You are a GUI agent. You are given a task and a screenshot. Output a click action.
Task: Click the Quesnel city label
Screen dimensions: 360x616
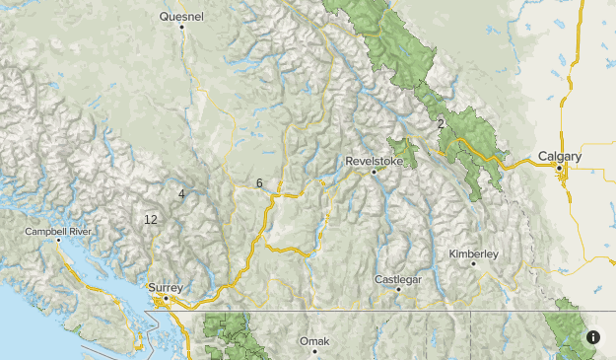point(181,16)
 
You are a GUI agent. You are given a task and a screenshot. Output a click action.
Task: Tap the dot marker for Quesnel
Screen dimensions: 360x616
point(182,27)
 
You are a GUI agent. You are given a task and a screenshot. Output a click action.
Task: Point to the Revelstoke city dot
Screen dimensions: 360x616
point(374,173)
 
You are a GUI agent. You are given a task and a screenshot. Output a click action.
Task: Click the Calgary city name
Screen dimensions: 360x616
point(560,156)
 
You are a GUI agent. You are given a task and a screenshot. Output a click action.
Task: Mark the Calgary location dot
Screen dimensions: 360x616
point(560,169)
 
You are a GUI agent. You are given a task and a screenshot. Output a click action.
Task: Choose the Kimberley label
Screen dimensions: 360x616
point(473,253)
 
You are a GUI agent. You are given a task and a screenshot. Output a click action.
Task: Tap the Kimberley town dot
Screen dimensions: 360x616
point(474,264)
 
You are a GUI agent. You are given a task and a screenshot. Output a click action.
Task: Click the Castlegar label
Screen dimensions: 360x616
point(398,280)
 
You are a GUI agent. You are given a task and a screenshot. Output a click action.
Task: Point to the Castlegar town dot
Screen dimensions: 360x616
point(398,290)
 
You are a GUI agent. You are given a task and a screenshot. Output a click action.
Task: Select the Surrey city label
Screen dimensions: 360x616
point(166,287)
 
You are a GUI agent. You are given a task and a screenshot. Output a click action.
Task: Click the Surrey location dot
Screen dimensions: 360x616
point(167,298)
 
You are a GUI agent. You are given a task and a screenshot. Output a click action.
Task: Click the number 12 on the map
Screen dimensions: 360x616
point(150,219)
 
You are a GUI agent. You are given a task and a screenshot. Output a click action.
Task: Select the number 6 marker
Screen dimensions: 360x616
point(259,183)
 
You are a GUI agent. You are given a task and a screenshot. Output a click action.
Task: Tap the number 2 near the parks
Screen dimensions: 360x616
point(441,123)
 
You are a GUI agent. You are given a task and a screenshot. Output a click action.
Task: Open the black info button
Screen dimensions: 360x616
point(593,336)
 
